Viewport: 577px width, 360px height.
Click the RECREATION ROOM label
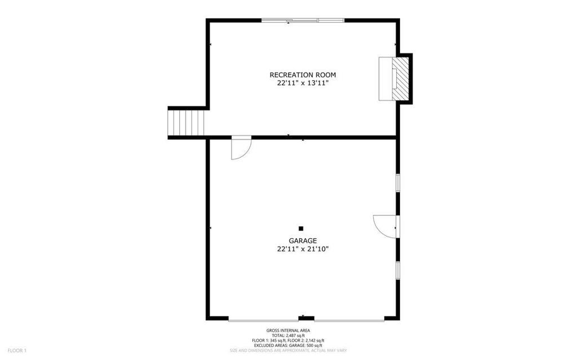click(303, 75)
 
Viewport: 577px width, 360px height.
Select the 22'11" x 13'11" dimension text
click(303, 83)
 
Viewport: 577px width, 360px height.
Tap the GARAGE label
click(303, 241)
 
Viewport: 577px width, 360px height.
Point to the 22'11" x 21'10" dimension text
click(303, 249)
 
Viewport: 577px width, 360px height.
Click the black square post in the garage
click(301, 229)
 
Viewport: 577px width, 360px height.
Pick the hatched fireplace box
click(400, 78)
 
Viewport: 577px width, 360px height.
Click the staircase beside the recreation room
click(186, 123)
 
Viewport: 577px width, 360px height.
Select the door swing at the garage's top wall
click(241, 148)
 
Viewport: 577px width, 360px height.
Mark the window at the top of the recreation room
click(303, 20)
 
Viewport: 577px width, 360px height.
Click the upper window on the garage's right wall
click(398, 183)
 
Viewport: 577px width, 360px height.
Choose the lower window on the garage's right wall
click(398, 270)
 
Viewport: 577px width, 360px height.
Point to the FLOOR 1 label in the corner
click(17, 351)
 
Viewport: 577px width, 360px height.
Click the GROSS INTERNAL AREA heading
click(288, 331)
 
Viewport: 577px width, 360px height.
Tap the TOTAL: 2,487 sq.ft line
click(288, 336)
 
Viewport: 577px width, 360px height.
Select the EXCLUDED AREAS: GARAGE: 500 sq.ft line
click(288, 346)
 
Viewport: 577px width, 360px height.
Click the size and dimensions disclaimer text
click(288, 350)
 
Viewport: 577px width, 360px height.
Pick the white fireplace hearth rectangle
click(385, 78)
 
